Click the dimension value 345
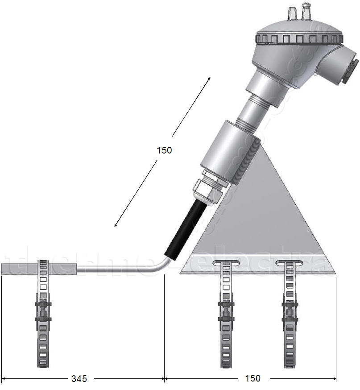[x=79, y=378]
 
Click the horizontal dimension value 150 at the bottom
[x=252, y=378]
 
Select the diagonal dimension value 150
[x=164, y=150]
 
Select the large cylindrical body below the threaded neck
[x=225, y=149]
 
